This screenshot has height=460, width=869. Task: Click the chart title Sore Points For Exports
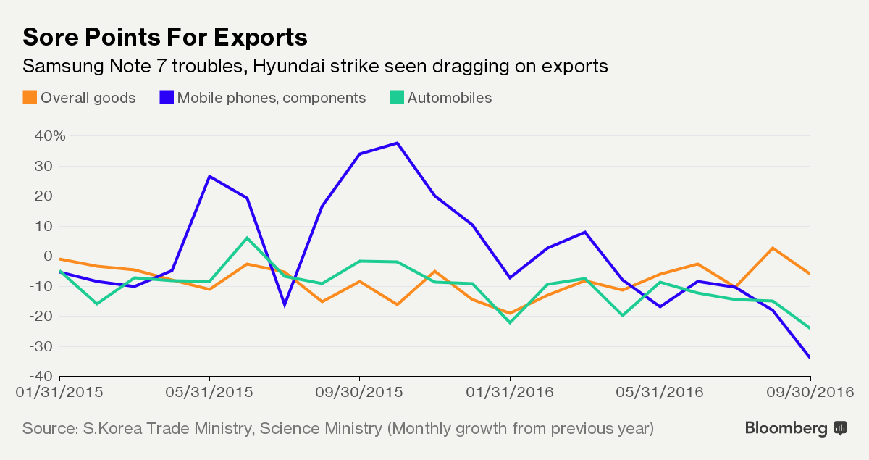coord(165,37)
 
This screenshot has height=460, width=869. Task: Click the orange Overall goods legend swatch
coord(30,98)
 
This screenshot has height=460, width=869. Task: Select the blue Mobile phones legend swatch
coord(166,98)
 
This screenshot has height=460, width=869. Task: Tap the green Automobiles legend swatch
coord(396,98)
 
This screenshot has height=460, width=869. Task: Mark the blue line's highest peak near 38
coord(397,143)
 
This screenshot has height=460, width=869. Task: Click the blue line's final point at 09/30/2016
coord(810,357)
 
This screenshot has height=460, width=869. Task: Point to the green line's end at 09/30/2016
coord(810,327)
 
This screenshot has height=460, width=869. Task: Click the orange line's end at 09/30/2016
coord(810,273)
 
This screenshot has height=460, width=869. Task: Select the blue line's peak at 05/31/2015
coord(209,176)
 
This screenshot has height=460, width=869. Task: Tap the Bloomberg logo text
coord(786,428)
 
